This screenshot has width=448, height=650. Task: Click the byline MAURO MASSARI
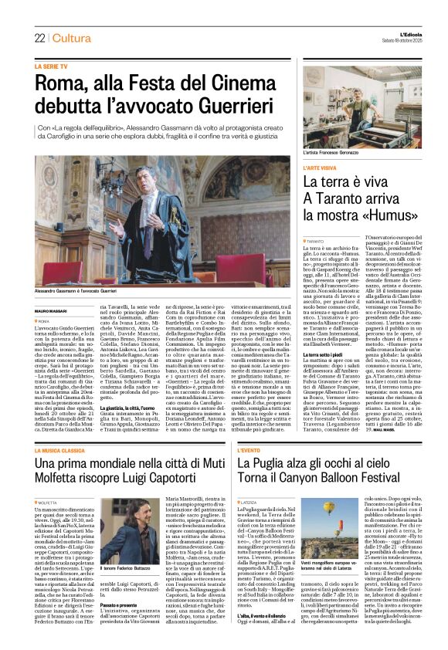click(x=52, y=311)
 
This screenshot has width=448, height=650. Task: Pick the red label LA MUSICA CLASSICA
click(x=66, y=428)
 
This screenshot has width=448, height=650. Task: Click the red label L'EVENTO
click(x=254, y=428)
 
